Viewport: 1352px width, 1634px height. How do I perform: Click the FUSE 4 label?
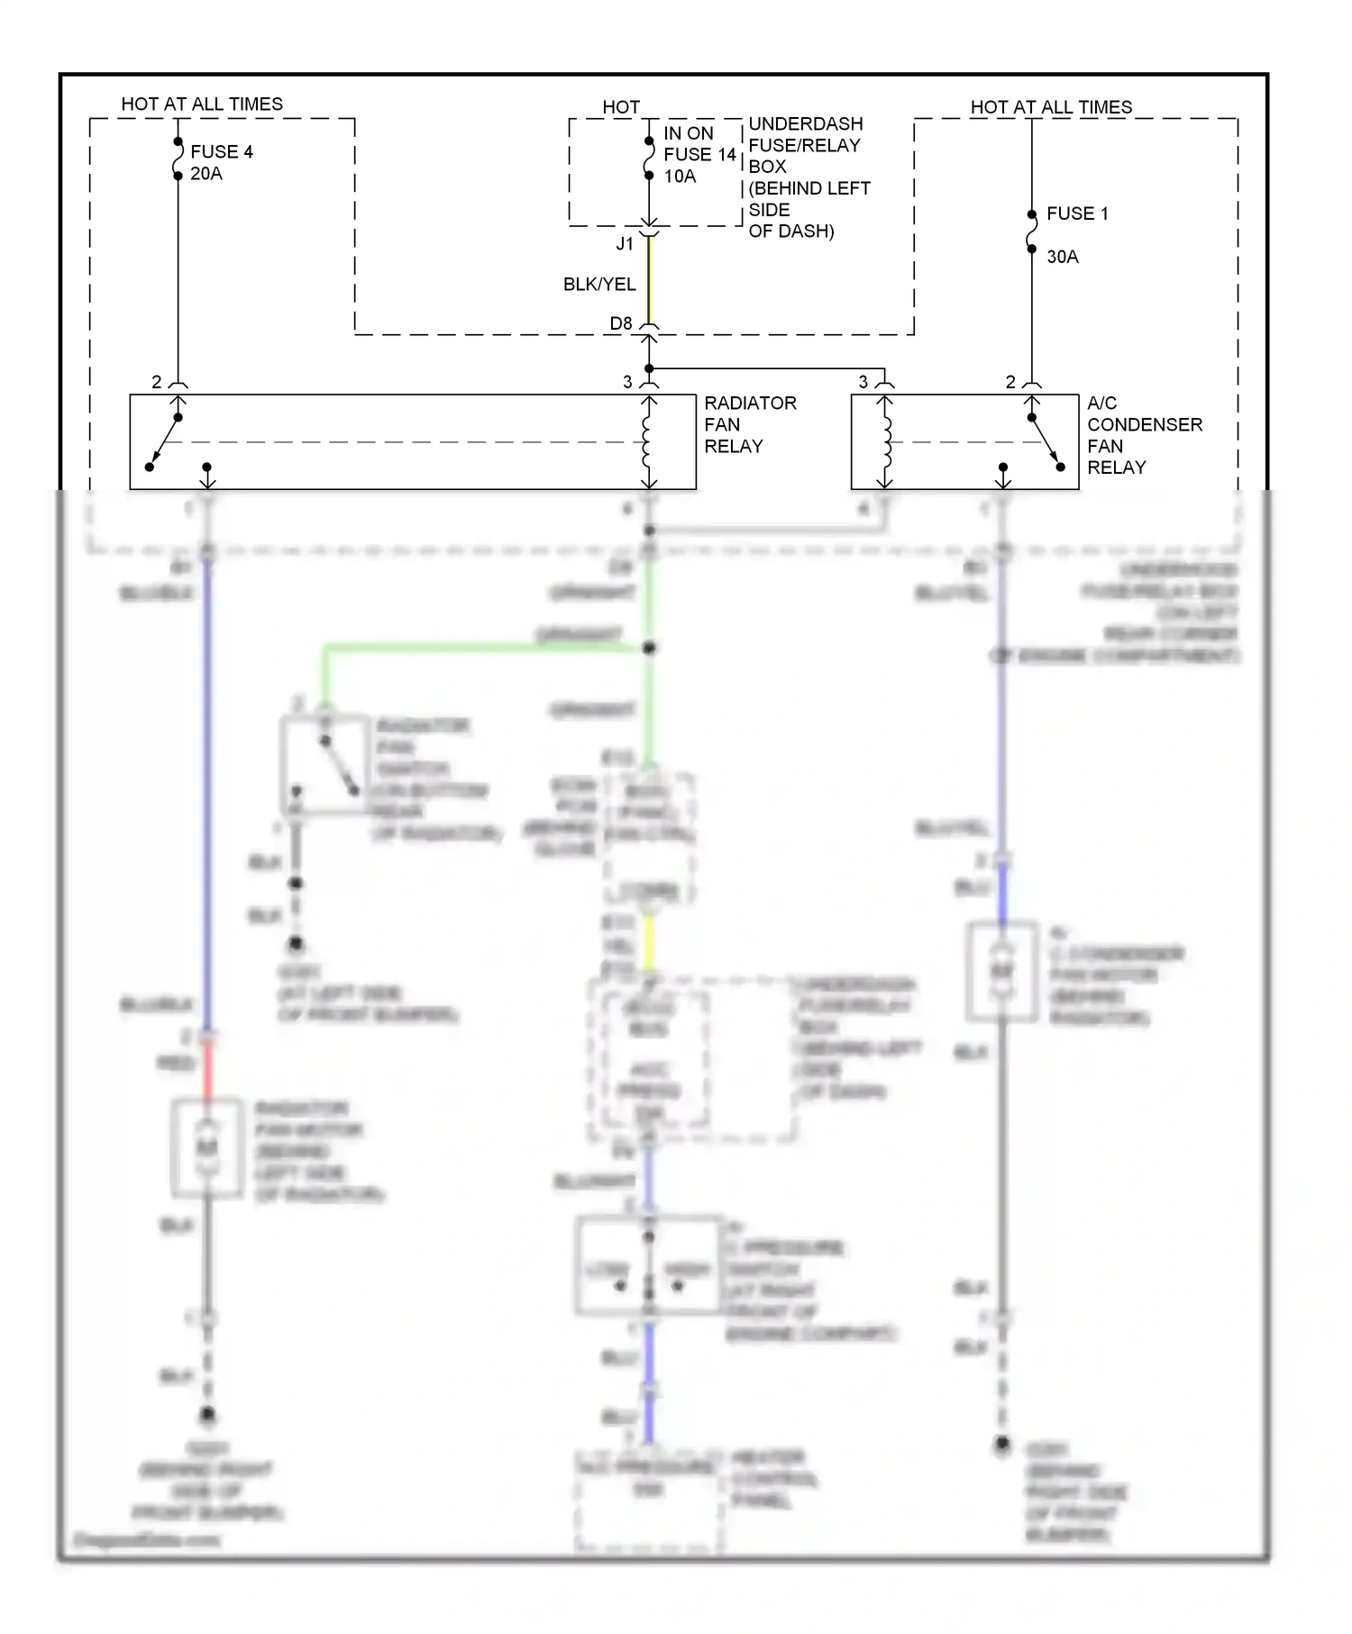pyautogui.click(x=221, y=151)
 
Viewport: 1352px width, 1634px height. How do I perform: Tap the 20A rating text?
pyautogui.click(x=206, y=174)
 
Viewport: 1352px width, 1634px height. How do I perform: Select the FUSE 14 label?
pyautogui.click(x=699, y=155)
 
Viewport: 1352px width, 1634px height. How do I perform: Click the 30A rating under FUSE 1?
pyautogui.click(x=1062, y=257)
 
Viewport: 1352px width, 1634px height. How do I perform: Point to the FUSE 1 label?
pyautogui.click(x=1077, y=213)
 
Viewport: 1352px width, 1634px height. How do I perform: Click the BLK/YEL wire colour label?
pyautogui.click(x=599, y=285)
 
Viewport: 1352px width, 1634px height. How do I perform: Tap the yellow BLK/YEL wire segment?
pyautogui.click(x=649, y=279)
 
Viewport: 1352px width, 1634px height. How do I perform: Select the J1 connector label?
pyautogui.click(x=625, y=244)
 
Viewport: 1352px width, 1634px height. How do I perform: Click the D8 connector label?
pyautogui.click(x=621, y=323)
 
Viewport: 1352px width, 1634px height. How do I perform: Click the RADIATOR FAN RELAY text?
pyautogui.click(x=749, y=424)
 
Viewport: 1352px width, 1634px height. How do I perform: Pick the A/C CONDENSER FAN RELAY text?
pyautogui.click(x=1143, y=435)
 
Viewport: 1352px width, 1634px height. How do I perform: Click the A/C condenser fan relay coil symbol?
pyautogui.click(x=886, y=442)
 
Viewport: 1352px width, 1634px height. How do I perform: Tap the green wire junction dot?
pyautogui.click(x=649, y=648)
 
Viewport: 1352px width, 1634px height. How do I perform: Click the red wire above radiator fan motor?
pyautogui.click(x=207, y=1070)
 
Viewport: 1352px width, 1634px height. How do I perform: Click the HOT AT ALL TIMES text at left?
pyautogui.click(x=202, y=104)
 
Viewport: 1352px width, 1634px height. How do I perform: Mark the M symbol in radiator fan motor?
pyautogui.click(x=207, y=1148)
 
